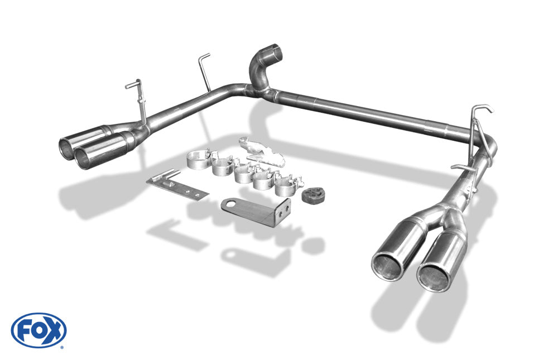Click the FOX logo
click(39, 330)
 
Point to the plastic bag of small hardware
click(262, 152)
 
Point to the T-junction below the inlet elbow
click(261, 89)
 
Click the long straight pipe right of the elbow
click(368, 113)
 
